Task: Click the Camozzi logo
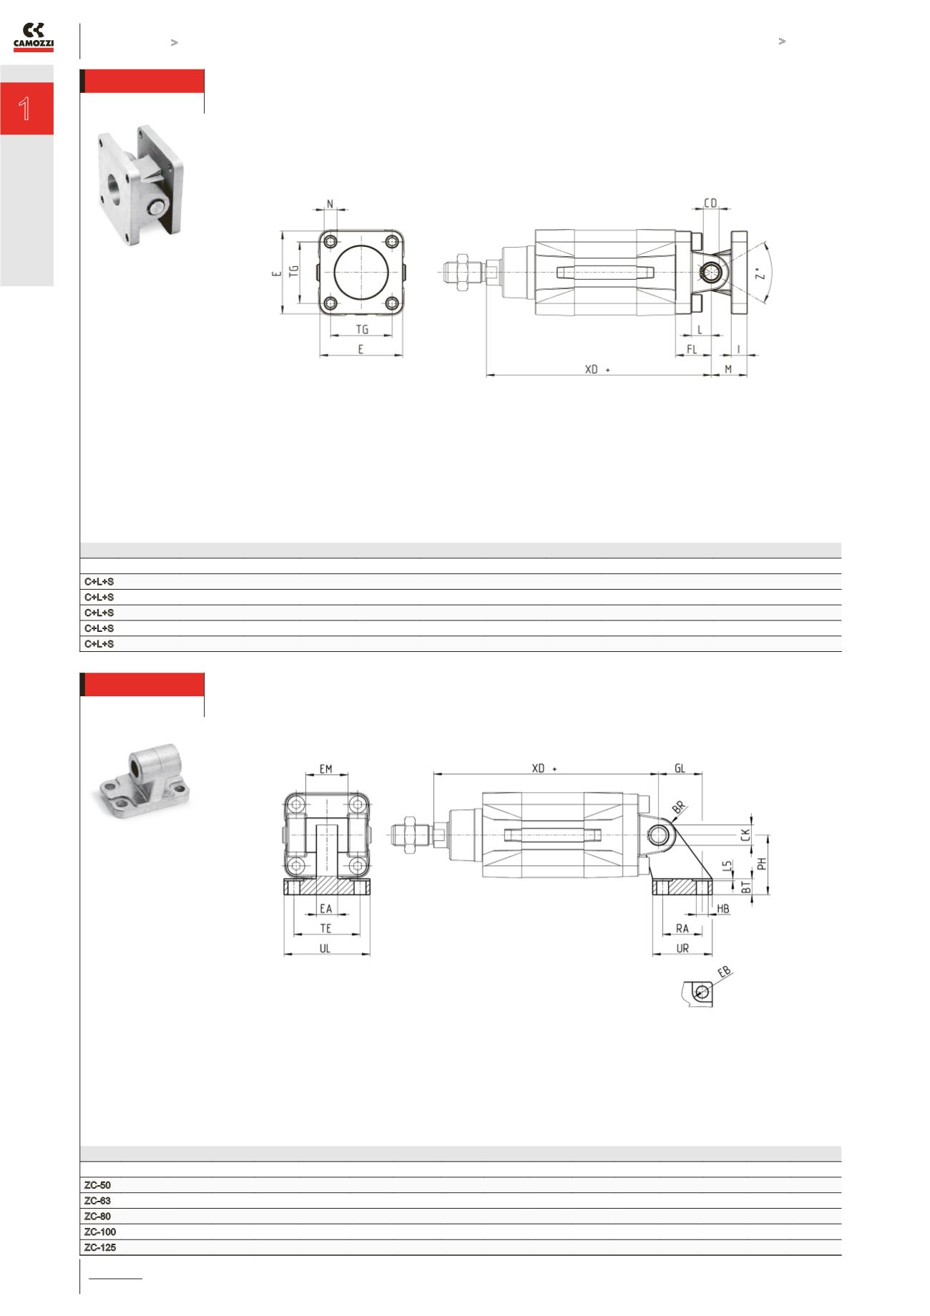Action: (33, 38)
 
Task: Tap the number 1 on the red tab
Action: (26, 109)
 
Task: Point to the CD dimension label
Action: (710, 204)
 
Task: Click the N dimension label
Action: (330, 204)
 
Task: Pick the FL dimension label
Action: (692, 349)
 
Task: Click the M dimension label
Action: (728, 369)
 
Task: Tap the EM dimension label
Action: (326, 769)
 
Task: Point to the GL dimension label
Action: (680, 769)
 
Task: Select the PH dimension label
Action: (763, 863)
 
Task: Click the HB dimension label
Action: (723, 909)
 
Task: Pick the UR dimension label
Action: (682, 948)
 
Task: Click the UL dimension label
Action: (325, 948)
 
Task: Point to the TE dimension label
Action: (325, 928)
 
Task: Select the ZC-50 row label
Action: (97, 1185)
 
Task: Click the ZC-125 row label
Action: (100, 1247)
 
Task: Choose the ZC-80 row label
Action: (97, 1217)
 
